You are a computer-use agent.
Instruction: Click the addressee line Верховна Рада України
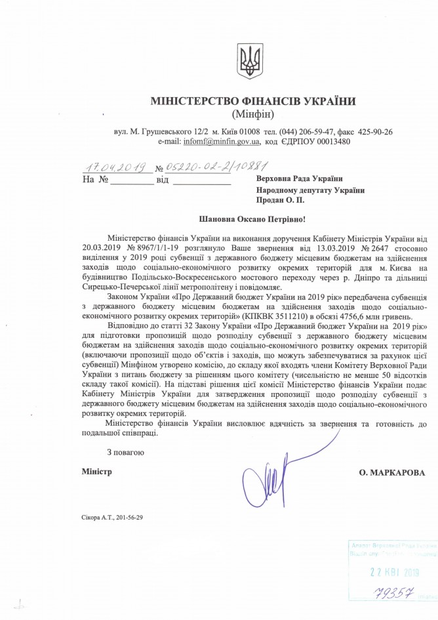tap(298, 178)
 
